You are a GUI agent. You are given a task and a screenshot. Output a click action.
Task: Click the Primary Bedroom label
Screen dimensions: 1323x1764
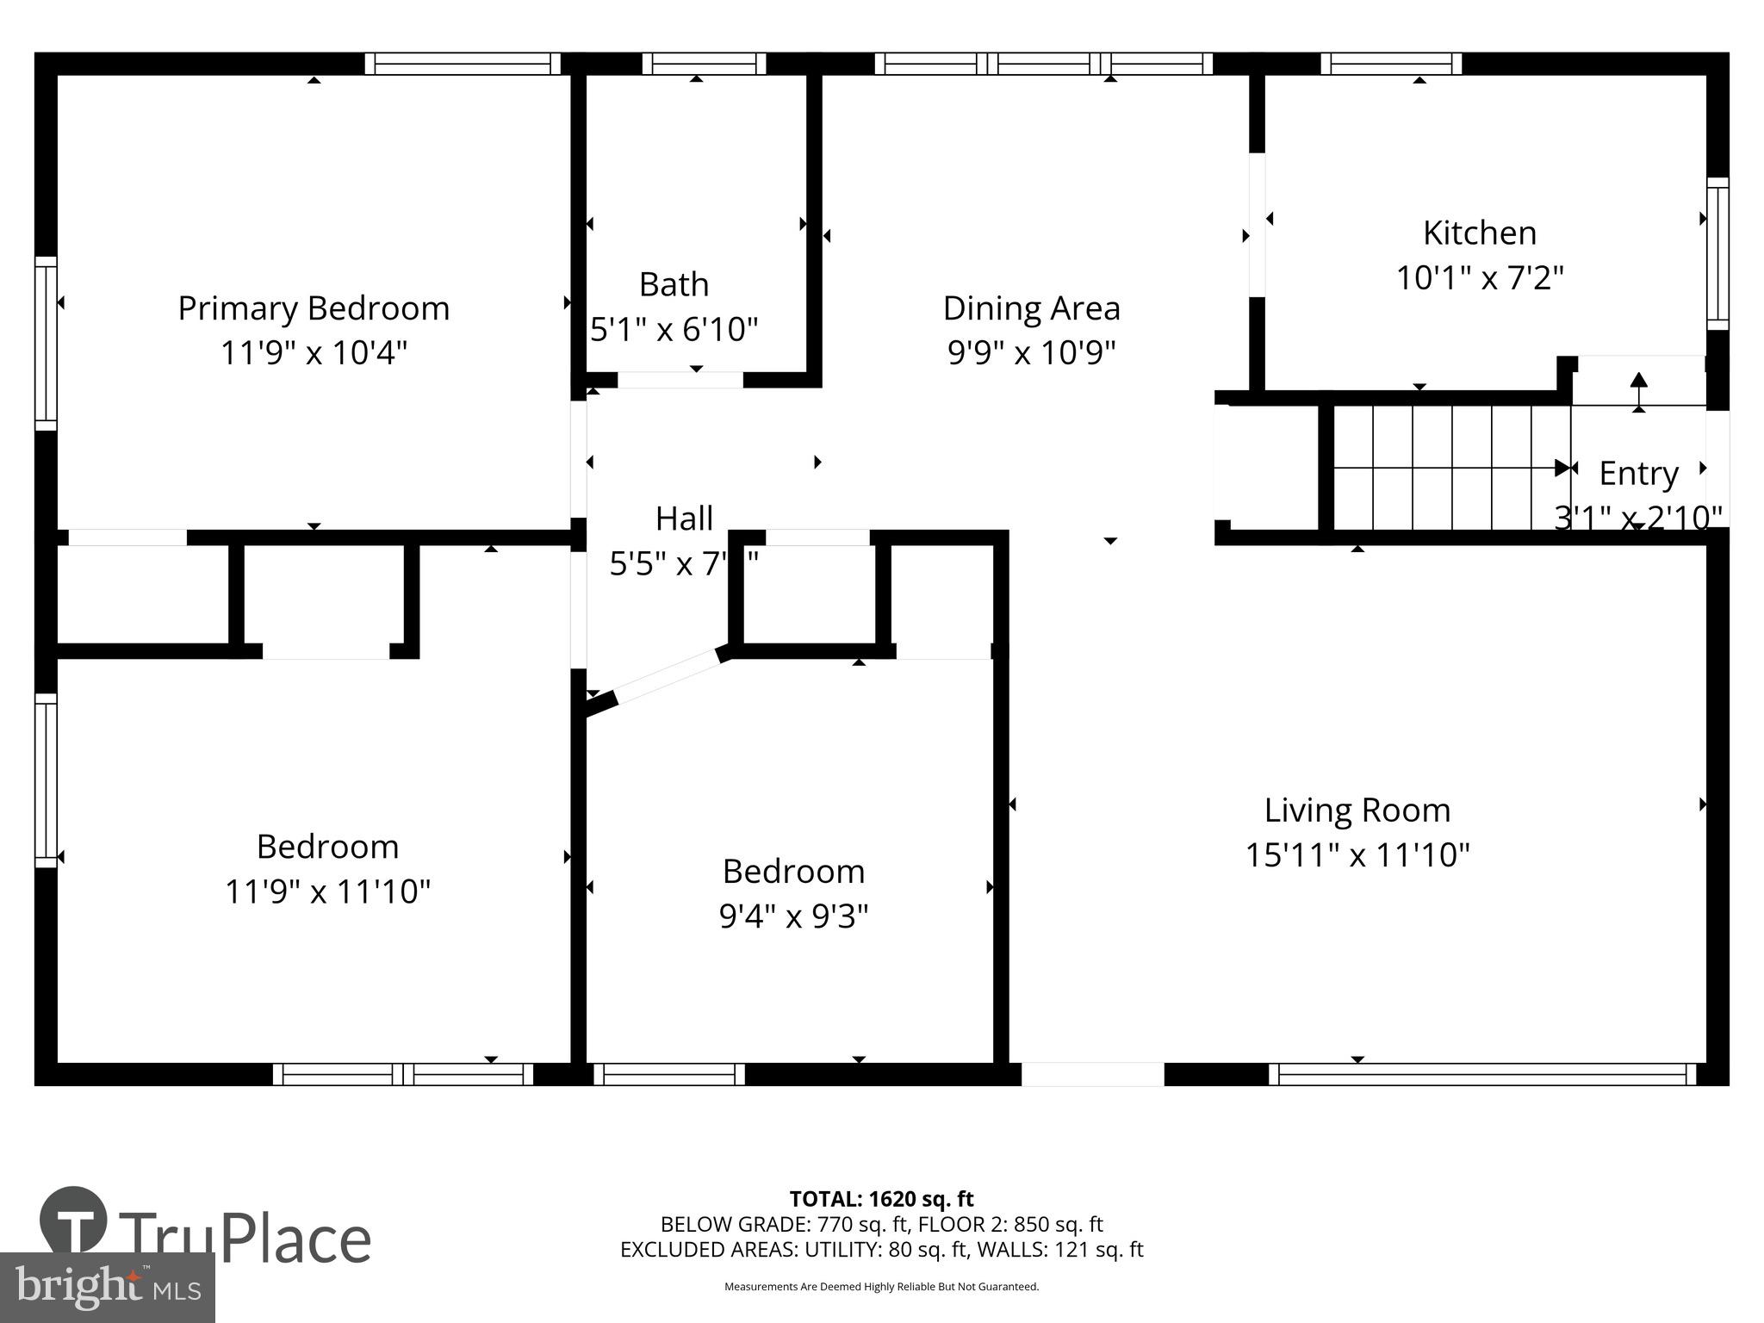(x=314, y=308)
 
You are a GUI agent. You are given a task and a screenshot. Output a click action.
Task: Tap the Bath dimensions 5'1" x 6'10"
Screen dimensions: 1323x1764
(x=674, y=329)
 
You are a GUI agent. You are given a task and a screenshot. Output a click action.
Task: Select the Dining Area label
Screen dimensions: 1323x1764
(x=1031, y=308)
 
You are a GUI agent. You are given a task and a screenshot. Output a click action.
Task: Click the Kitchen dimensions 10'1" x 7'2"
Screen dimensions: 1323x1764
(x=1479, y=278)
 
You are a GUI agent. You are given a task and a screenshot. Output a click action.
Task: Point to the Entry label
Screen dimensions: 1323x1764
(x=1638, y=474)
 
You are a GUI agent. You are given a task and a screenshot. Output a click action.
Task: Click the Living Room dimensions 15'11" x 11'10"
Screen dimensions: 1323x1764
(x=1357, y=855)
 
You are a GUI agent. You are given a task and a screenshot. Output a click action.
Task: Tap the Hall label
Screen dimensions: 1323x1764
(x=684, y=519)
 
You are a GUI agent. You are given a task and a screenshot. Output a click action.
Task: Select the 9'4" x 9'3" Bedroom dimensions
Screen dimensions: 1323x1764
(x=793, y=916)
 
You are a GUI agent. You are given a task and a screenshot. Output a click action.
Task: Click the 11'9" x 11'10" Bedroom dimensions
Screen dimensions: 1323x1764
(x=327, y=891)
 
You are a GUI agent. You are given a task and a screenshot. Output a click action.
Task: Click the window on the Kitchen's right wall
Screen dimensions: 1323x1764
(x=1717, y=254)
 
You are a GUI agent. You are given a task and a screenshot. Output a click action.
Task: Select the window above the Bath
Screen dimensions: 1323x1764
(x=704, y=64)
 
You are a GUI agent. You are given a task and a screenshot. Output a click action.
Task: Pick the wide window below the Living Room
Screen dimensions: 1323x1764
(x=1481, y=1074)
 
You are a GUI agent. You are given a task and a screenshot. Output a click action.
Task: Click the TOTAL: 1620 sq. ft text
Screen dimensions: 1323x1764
(x=881, y=1199)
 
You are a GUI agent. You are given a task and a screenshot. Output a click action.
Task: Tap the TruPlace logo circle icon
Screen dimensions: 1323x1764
(x=74, y=1220)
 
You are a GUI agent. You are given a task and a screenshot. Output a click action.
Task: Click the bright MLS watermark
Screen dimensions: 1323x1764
(x=108, y=1288)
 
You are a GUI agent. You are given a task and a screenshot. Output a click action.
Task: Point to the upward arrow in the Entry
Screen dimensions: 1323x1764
(x=1638, y=389)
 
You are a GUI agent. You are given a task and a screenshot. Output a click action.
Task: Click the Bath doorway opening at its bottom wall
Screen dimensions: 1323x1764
(x=680, y=380)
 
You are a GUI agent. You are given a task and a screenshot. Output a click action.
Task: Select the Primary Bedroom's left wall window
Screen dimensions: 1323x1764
(x=46, y=343)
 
